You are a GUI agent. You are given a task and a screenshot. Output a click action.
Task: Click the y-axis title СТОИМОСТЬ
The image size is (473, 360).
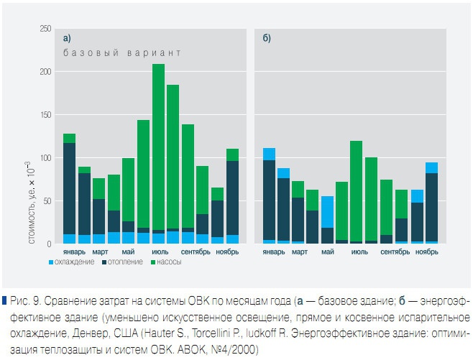coord(33,212)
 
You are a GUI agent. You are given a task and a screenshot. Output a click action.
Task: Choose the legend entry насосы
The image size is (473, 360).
coord(170,262)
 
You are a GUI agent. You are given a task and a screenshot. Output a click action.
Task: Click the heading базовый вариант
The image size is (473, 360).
coord(121,53)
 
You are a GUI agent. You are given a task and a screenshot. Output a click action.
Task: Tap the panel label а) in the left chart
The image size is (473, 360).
coord(67,38)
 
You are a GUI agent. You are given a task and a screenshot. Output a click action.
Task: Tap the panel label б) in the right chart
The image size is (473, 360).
coord(267,38)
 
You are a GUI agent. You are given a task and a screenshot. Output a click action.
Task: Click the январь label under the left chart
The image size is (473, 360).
coord(73,252)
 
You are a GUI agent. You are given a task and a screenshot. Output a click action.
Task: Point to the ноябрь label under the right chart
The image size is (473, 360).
coord(426,252)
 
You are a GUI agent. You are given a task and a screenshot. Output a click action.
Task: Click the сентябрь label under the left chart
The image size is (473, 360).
coord(194,252)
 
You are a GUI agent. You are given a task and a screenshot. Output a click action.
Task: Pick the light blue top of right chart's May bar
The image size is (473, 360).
coord(327,212)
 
